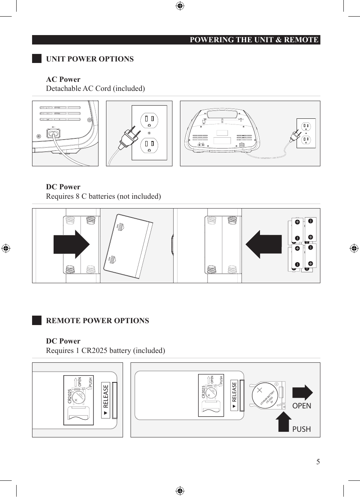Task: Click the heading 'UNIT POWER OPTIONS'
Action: (90, 59)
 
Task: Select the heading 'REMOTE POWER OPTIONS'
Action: (97, 321)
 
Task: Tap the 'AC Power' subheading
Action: (63, 80)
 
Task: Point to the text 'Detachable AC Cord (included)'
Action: (95, 89)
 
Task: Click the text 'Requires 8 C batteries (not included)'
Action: (103, 196)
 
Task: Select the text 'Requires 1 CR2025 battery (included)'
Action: (106, 351)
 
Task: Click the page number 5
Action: (318, 462)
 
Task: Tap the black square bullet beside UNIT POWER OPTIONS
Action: (37, 58)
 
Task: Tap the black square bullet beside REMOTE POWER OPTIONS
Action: (37, 321)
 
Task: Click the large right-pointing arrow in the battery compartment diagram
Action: (71, 244)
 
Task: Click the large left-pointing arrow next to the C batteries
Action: (264, 244)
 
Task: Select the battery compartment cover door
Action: (128, 246)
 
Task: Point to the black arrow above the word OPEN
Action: (302, 393)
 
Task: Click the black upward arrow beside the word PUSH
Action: (283, 422)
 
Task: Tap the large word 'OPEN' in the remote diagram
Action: (302, 406)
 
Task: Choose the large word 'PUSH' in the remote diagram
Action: (302, 430)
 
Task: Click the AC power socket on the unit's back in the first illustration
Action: (53, 133)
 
